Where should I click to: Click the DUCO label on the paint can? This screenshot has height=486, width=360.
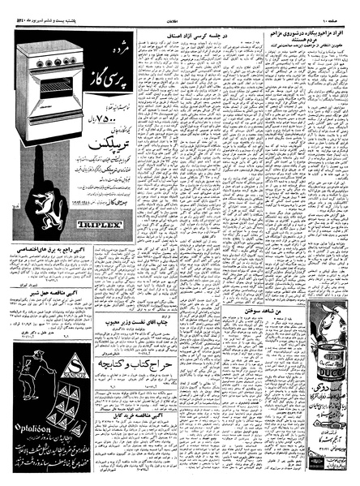tap(332, 376)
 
